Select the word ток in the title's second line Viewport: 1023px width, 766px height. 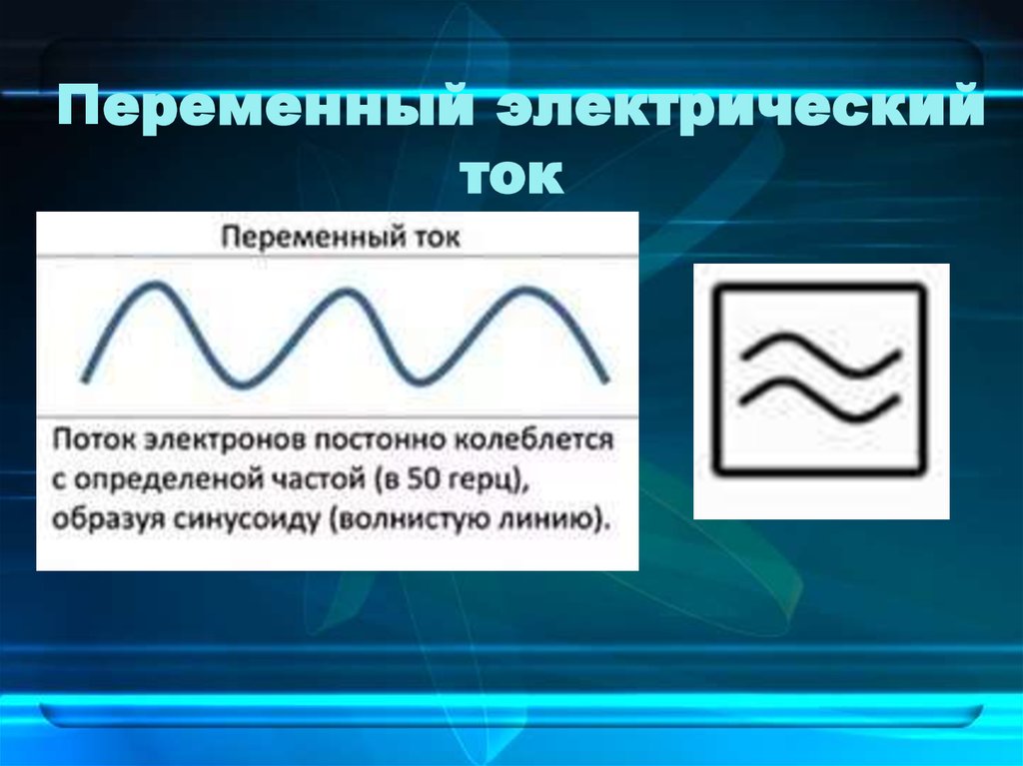pyautogui.click(x=511, y=176)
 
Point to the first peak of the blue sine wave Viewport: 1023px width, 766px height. pyautogui.click(x=155, y=286)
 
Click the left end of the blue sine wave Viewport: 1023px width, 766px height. pyautogui.click(x=84, y=380)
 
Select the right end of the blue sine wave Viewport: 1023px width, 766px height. pyautogui.click(x=604, y=380)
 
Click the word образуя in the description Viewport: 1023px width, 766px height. pyautogui.click(x=102, y=519)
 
